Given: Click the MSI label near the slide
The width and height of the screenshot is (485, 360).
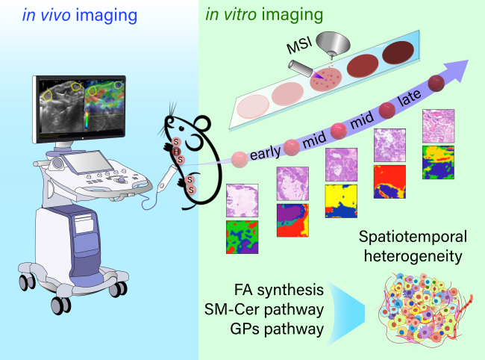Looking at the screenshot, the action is click(x=298, y=45).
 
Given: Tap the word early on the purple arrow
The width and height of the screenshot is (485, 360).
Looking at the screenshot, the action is click(x=265, y=152).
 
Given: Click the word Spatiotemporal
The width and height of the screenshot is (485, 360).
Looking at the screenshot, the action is click(x=413, y=237).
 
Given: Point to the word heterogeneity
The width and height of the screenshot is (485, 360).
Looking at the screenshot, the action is click(x=413, y=256).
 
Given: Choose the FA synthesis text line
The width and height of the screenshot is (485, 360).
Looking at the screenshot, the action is click(x=279, y=290).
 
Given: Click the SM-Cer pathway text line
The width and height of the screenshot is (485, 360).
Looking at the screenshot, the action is click(x=264, y=309).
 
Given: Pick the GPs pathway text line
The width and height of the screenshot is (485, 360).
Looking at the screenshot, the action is click(x=277, y=329).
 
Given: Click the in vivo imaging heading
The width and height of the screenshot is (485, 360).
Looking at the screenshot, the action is click(x=80, y=15).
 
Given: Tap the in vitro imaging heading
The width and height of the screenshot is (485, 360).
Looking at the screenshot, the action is click(x=264, y=14).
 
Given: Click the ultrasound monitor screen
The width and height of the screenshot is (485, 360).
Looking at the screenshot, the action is click(x=82, y=108).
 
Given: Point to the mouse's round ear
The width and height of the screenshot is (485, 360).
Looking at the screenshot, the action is click(x=203, y=124).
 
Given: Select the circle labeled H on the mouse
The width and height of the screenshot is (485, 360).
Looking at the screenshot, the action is click(x=176, y=152).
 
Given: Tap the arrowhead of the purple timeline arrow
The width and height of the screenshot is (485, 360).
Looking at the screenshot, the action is click(x=457, y=70).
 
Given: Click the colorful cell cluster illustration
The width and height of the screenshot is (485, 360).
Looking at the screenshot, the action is click(x=425, y=309).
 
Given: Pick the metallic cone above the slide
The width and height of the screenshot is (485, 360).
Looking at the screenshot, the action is click(x=334, y=44).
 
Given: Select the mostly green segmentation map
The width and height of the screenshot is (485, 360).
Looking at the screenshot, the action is click(x=242, y=237).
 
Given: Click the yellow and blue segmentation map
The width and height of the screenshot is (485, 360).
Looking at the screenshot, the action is click(x=341, y=201).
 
